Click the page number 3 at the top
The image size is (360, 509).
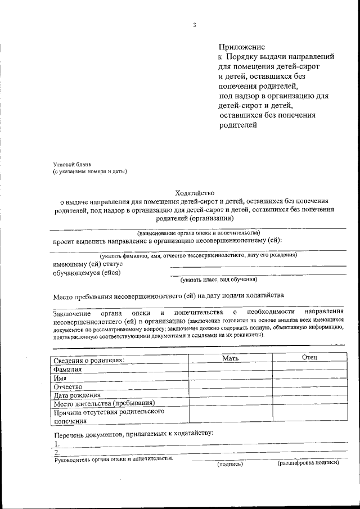pos(194,25)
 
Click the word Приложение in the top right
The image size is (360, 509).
pos(241,47)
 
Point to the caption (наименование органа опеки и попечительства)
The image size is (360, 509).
pos(199,232)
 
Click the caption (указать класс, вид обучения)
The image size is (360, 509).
pos(219,278)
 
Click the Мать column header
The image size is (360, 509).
pos(231,358)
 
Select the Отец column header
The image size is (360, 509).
pos(309,358)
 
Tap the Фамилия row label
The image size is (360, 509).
pos(67,370)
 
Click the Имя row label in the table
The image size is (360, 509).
pos(60,379)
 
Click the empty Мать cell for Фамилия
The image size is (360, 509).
pos(231,370)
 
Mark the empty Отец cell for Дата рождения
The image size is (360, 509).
pos(309,395)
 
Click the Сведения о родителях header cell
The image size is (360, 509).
pos(89,360)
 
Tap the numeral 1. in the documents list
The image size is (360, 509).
pos(56,444)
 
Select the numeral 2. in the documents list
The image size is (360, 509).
pos(56,453)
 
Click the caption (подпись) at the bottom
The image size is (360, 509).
pos(230,464)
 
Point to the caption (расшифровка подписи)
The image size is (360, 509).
pos(308,463)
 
